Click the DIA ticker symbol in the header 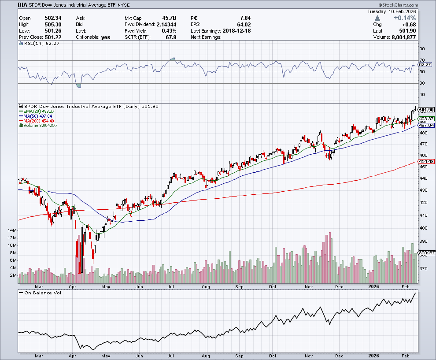(x=23, y=5)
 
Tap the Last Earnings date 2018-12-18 (x=237, y=31)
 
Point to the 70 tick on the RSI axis (x=422, y=60)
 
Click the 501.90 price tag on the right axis (x=427, y=110)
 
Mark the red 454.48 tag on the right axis (x=426, y=161)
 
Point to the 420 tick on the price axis (x=423, y=202)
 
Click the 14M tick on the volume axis (x=12, y=230)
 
